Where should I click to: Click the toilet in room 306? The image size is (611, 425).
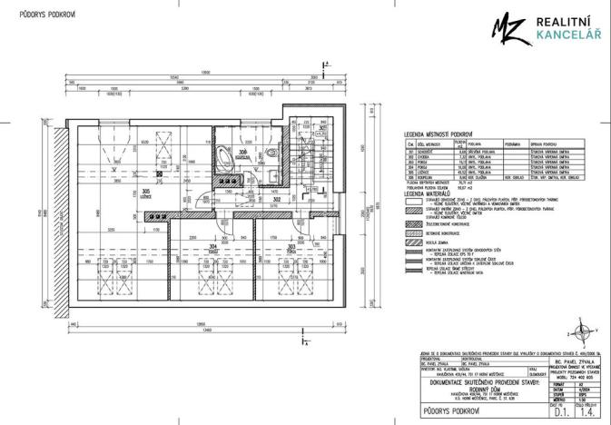pyautogui.click(x=275, y=153)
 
